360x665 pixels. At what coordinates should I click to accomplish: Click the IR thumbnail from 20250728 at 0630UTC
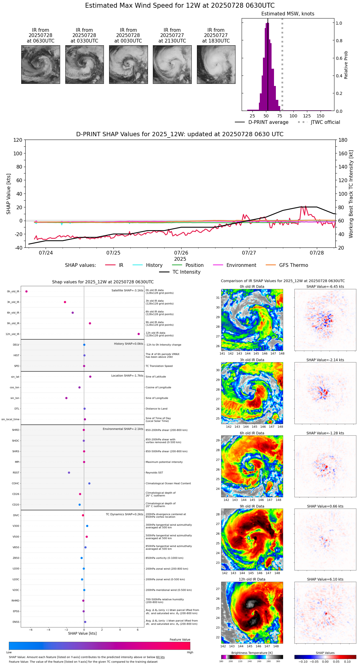click(x=40, y=64)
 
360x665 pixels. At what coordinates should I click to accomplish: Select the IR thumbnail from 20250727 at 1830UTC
click(x=216, y=64)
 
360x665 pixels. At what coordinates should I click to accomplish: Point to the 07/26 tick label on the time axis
click(x=181, y=253)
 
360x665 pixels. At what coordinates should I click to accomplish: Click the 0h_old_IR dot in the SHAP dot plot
click(x=27, y=292)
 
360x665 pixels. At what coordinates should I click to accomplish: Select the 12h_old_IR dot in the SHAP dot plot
click(x=139, y=334)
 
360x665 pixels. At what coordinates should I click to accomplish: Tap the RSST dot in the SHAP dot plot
click(x=69, y=473)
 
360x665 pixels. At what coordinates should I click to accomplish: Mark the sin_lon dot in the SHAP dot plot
click(x=66, y=398)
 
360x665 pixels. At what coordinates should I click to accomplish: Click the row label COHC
click(x=15, y=483)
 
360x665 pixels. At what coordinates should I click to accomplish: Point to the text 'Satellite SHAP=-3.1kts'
click(x=127, y=291)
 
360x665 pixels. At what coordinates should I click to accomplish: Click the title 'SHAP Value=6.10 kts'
click(x=325, y=580)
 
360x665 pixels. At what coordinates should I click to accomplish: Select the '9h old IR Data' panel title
click(x=252, y=506)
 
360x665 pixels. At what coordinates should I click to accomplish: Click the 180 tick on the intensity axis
click(x=343, y=140)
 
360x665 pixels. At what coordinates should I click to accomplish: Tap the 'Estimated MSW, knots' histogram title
click(x=288, y=14)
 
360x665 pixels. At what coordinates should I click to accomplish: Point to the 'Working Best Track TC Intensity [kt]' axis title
click(x=351, y=194)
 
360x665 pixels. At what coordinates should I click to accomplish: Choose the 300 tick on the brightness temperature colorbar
click(x=278, y=661)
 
